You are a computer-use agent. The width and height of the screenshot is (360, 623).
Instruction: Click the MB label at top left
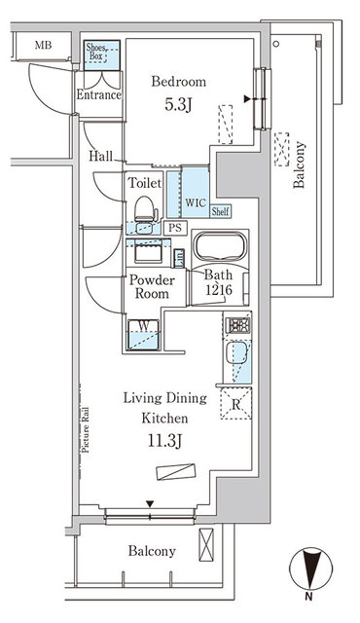tap(44, 46)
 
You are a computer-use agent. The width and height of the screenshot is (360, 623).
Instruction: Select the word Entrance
tap(99, 95)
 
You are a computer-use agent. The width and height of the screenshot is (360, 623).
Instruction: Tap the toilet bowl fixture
tap(143, 207)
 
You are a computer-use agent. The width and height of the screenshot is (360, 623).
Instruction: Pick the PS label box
tap(174, 228)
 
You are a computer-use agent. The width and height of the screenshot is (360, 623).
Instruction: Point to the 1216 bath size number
tap(218, 290)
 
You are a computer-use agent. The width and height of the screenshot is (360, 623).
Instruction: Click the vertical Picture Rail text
tap(86, 429)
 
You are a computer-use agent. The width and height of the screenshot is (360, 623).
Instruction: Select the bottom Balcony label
tap(152, 551)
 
